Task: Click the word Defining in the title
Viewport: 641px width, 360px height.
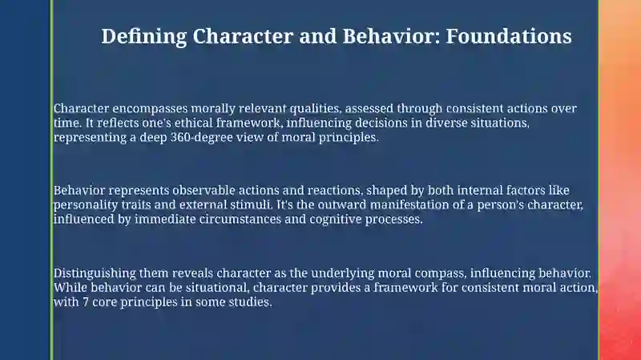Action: click(144, 37)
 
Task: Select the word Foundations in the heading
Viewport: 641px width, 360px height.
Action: click(509, 36)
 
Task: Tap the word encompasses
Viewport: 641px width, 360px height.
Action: click(150, 109)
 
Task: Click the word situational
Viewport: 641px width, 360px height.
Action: click(217, 288)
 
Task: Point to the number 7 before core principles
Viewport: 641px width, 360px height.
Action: click(86, 302)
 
